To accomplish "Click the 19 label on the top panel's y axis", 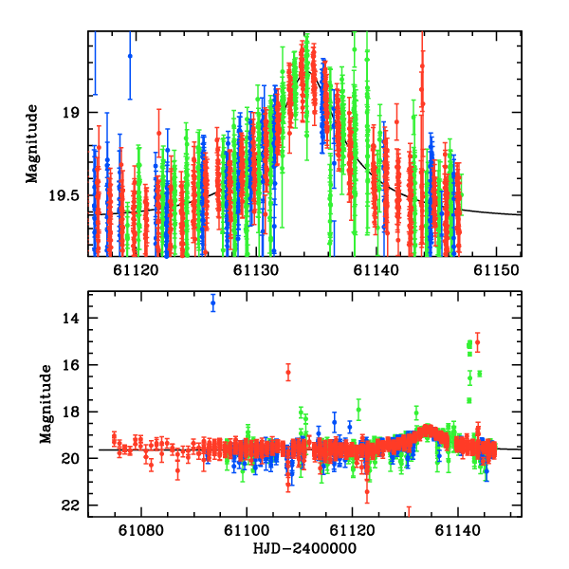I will tap(71, 113).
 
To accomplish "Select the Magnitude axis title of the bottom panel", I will tap(45, 406).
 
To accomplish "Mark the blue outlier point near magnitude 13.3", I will tap(213, 303).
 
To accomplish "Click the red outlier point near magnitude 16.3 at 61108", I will tap(288, 373).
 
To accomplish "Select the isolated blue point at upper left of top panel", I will tap(130, 56).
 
